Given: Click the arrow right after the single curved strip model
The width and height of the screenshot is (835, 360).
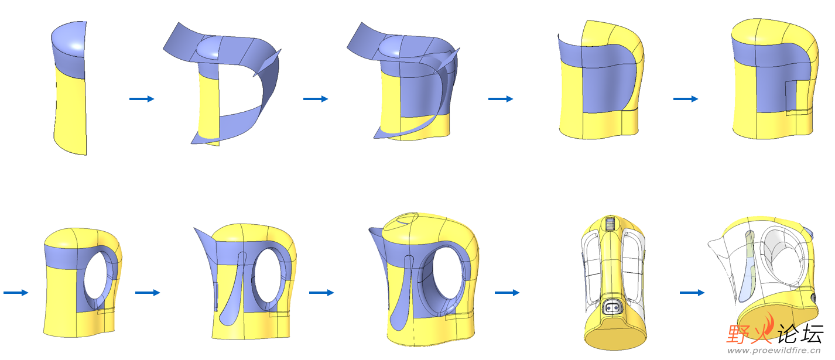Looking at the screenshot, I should pos(142,99).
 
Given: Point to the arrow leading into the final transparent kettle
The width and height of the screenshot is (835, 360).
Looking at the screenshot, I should pos(692,293).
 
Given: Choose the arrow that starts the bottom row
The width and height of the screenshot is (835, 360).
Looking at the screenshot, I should pos(16,293).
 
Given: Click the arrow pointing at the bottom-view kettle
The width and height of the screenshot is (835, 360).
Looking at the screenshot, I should pos(507,293).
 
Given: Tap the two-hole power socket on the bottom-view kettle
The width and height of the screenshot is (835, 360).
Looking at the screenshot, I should pos(612,306).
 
